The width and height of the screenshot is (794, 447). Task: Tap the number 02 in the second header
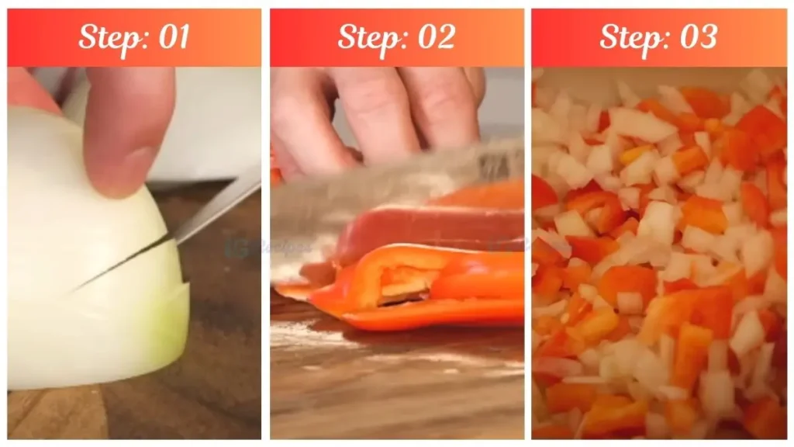pyautogui.click(x=435, y=37)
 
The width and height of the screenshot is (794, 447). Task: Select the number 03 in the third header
pyautogui.click(x=697, y=37)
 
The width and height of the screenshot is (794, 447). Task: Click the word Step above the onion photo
pyautogui.click(x=104, y=37)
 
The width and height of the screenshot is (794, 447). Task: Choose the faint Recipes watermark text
pyautogui.click(x=283, y=247)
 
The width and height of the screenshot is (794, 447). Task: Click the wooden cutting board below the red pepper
pyautogui.click(x=395, y=380)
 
